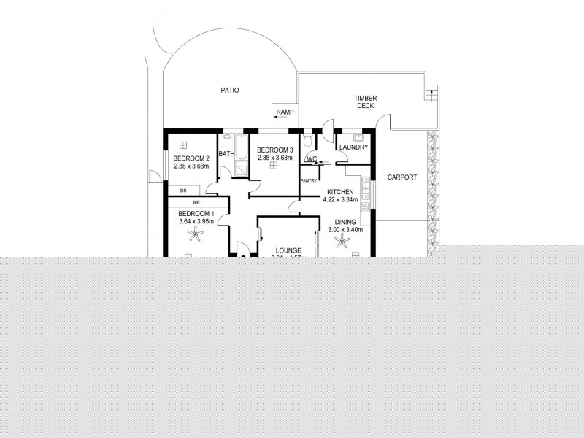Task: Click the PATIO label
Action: pos(231,91)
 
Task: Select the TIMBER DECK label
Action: pos(364,101)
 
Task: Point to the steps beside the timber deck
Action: pos(432,91)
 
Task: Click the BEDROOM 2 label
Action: pos(191,158)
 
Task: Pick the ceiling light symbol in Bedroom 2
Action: pos(183,145)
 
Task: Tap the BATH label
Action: pos(226,154)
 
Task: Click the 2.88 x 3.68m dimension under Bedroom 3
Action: pos(274,158)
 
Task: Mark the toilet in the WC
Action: pos(308,141)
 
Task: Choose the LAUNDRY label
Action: pos(353,147)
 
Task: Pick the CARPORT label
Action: pos(401,177)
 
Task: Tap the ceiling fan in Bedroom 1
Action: pos(194,235)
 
